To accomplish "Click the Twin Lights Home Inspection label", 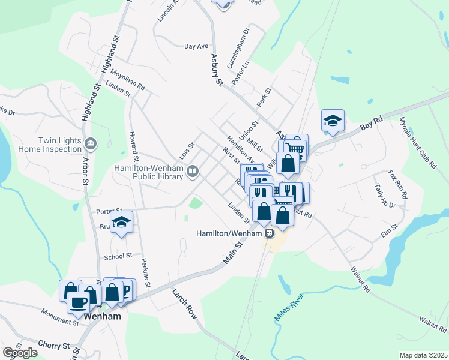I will pos(59,145).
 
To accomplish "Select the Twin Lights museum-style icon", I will pos(91,144).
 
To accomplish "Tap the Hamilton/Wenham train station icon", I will pos(270,233).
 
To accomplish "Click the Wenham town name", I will pos(103,316).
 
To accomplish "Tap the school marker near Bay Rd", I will pos(332,121).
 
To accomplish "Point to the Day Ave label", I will pos(196,46).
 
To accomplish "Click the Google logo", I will pos(20,353).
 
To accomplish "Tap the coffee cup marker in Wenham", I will pos(78,302).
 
